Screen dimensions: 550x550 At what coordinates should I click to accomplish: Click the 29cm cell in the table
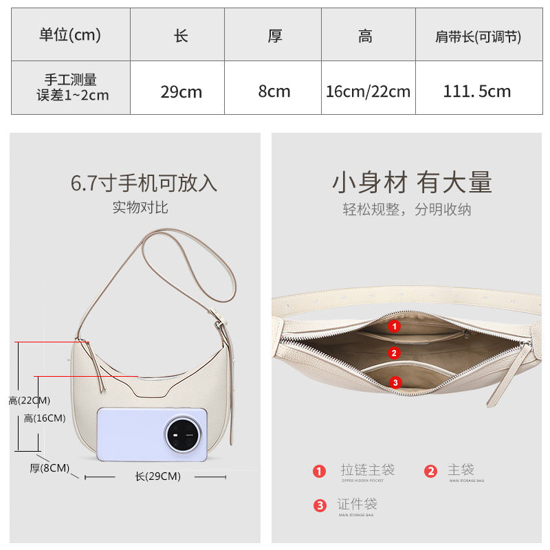tap(181, 91)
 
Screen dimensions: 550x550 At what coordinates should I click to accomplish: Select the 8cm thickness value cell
tap(274, 91)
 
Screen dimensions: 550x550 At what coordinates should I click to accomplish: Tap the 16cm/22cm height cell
tap(368, 91)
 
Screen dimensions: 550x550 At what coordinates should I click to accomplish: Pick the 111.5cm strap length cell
tap(477, 91)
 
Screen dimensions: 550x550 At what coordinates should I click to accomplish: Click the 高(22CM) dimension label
tap(30, 400)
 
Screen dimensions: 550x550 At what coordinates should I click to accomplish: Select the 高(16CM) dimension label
tap(45, 418)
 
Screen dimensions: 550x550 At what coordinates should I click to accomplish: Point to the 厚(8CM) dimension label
tap(49, 468)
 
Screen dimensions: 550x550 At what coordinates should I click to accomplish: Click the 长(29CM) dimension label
tap(157, 476)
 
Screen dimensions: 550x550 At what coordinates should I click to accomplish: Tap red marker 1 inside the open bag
tap(394, 327)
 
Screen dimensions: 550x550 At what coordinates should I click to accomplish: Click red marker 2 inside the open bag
tap(394, 353)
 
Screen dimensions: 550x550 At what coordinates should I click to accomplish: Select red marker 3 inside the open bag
tap(395, 382)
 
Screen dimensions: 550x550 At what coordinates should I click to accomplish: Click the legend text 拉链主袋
tap(367, 470)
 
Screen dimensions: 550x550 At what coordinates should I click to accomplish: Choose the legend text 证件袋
tap(358, 504)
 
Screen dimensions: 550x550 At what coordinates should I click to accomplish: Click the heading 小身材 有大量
tap(412, 183)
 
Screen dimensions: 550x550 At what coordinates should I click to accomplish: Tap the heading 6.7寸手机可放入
tap(144, 183)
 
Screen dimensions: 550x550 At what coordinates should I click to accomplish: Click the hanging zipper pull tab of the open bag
tap(508, 375)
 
